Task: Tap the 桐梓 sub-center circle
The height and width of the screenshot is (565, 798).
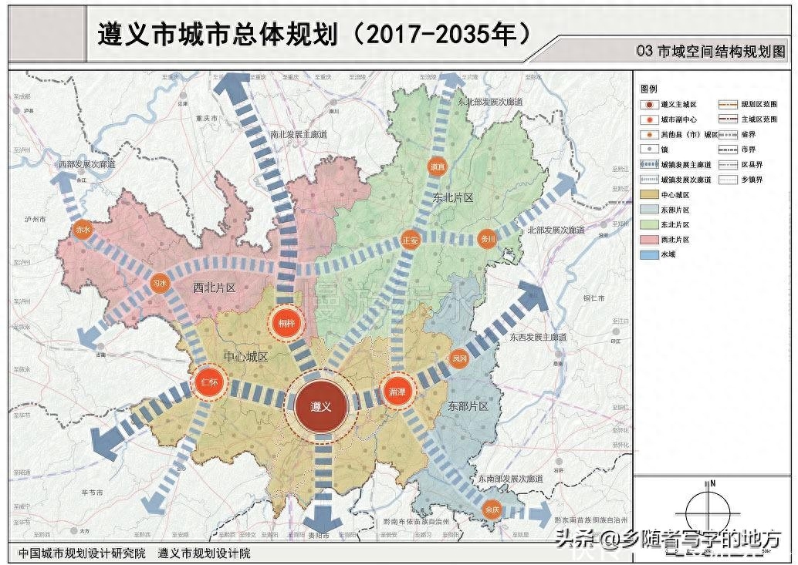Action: [286, 323]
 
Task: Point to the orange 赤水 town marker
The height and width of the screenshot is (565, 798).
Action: [83, 229]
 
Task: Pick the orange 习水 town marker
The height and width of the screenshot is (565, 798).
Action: [160, 283]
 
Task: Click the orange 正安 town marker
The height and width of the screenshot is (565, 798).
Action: [410, 238]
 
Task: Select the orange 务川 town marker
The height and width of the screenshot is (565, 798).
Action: [486, 238]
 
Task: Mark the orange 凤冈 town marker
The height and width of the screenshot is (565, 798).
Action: [459, 358]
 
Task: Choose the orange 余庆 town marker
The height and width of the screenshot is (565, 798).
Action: [492, 510]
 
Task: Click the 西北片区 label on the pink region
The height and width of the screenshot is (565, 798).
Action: [213, 288]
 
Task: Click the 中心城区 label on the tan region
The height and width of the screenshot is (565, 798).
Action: [245, 357]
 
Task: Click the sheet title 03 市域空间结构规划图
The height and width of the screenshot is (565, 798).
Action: [710, 52]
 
